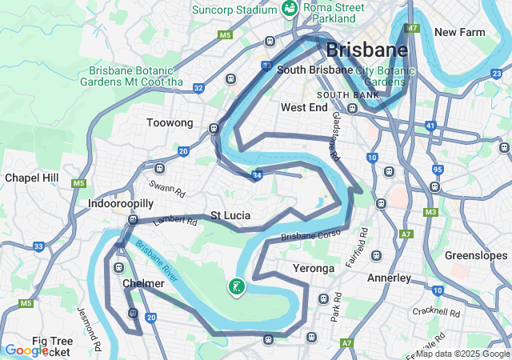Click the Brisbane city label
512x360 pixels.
[x=366, y=50]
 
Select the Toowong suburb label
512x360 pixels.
[x=170, y=123]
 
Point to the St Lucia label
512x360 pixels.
[x=230, y=216]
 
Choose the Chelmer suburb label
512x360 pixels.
[x=144, y=283]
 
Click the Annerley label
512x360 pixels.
[x=389, y=278]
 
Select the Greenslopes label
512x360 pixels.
[x=476, y=256]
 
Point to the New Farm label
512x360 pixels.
[x=460, y=32]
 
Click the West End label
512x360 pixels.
[x=304, y=107]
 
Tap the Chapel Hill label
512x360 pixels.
[x=32, y=177]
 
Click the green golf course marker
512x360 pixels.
[x=236, y=286]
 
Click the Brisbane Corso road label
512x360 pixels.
[x=311, y=234]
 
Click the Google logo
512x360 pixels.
[x=26, y=350]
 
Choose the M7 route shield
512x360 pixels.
[x=412, y=29]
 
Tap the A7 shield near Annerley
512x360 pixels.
[x=406, y=234]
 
